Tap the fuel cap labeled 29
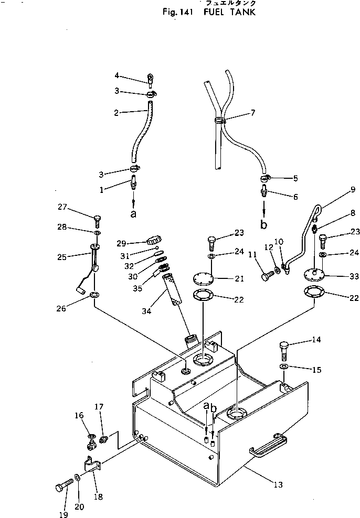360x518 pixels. pyautogui.click(x=154, y=242)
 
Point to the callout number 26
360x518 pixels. pyautogui.click(x=61, y=308)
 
